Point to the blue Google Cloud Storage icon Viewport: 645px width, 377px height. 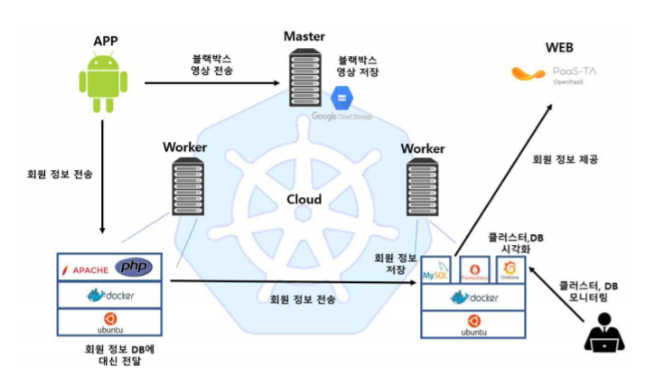point(343,98)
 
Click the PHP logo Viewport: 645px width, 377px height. point(134,267)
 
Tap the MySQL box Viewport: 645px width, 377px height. point(439,269)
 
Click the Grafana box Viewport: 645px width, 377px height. point(511,269)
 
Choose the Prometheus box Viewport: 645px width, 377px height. point(475,269)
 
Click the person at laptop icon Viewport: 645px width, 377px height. point(602,336)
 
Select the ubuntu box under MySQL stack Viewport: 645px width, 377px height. point(474,325)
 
